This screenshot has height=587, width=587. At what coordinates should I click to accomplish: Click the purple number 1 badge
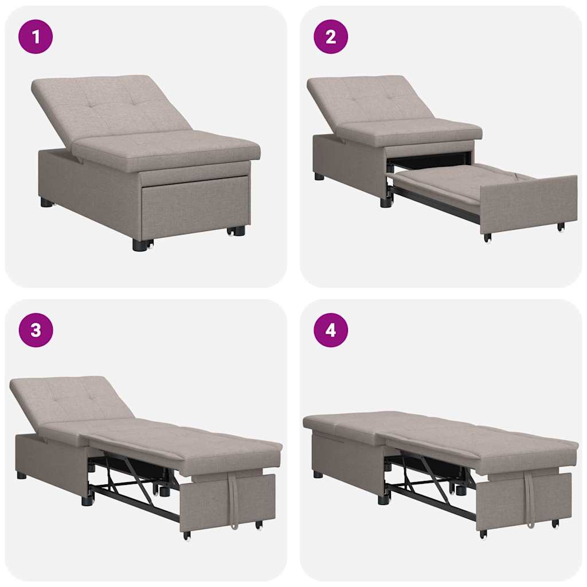pos(36,37)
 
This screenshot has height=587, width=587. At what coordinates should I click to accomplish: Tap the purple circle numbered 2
pos(331,37)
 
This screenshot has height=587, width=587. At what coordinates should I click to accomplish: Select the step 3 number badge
pos(36,330)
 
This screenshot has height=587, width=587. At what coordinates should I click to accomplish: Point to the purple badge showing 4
pos(331,330)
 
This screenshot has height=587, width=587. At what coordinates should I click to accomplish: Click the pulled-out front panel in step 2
pos(527,203)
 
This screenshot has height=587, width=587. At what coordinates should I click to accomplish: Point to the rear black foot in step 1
pos(46,202)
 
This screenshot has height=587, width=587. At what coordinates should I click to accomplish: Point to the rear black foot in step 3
pos(22,475)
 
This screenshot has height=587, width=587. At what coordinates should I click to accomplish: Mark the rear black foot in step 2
pos(319,177)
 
